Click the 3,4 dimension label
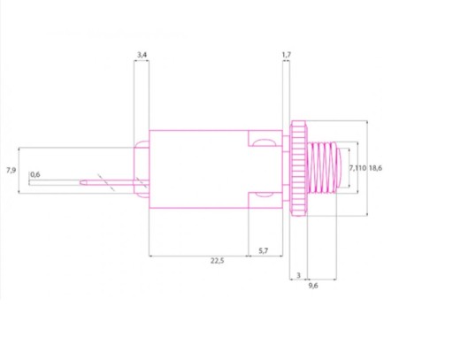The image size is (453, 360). coord(142,55)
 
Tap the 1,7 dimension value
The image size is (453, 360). coord(287,55)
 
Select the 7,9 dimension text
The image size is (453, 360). coord(12,170)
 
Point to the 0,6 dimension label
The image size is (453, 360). coord(35,174)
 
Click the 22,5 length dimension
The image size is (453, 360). coord(218,261)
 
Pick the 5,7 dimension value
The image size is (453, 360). coord(264,251)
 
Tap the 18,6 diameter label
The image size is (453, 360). coord(375,168)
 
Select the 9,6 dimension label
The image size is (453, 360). coord(313,286)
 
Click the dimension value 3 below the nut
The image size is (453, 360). coord(298,275)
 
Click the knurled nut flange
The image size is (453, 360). coord(298,168)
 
